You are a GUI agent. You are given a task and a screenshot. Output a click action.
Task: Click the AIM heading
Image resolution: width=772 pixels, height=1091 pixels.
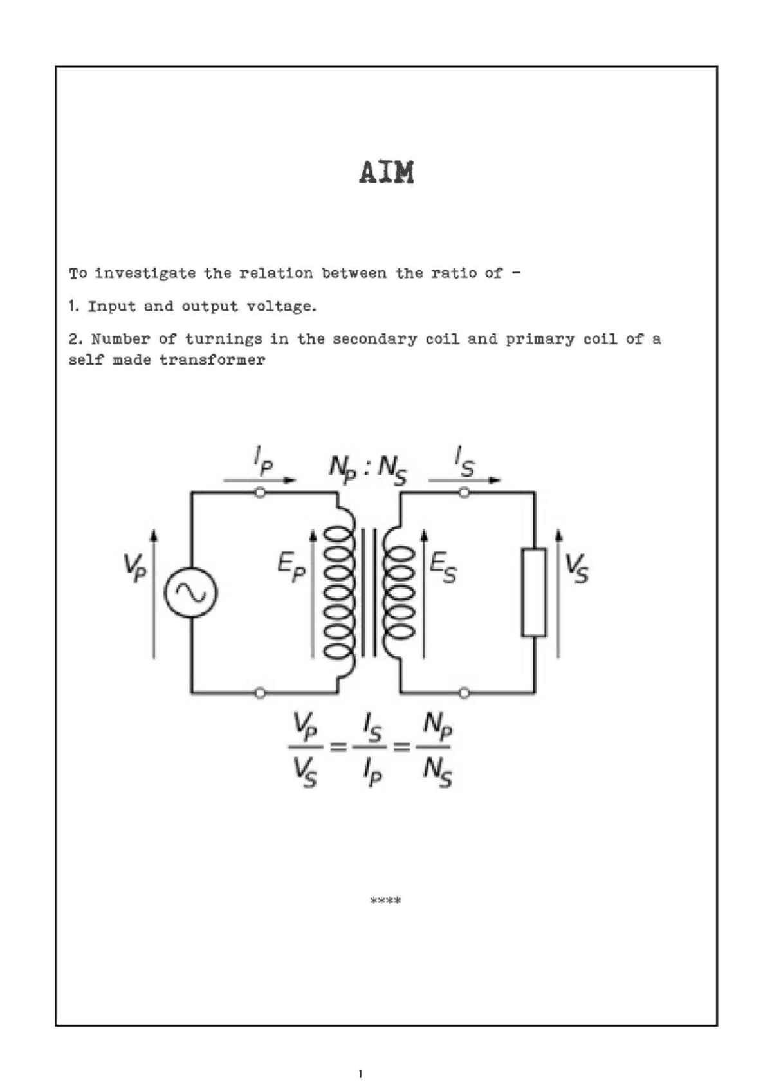coord(386,173)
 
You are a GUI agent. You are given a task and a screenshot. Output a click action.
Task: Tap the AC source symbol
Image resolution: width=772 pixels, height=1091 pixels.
coord(190,592)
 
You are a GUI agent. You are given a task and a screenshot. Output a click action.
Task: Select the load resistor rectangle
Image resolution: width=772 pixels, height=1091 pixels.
coord(534,592)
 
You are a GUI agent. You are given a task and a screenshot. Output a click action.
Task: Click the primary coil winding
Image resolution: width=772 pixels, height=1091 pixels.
coord(339,592)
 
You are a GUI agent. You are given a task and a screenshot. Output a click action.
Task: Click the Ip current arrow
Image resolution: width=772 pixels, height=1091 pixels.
coord(260,479)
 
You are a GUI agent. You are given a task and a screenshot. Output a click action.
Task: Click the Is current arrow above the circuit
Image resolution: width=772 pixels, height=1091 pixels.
coord(464,479)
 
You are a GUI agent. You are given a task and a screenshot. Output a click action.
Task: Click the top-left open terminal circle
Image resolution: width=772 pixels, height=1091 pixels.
coord(260,493)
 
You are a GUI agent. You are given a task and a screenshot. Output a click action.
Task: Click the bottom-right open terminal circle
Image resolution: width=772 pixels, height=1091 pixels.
coord(464,693)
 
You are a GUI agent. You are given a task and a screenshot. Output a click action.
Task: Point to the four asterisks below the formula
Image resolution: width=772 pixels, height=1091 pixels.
coord(385,901)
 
